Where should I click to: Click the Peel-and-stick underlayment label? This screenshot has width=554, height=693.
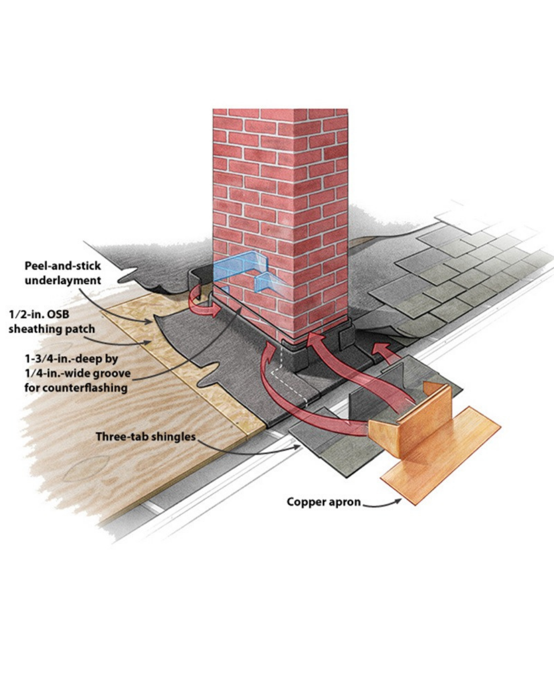pos(63,273)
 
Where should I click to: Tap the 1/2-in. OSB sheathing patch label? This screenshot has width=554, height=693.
pos(51,321)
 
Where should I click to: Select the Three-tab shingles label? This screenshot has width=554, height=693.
pos(146,437)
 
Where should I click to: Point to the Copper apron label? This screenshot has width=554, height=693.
pos(324,502)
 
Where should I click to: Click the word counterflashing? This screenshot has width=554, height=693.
pos(76,387)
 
